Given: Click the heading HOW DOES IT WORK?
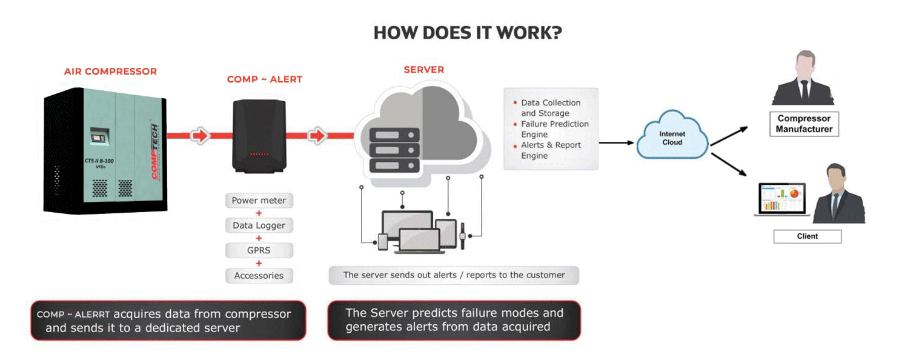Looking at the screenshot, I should (467, 33).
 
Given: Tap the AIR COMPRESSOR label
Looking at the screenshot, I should (110, 72).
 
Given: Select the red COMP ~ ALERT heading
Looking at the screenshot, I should (264, 79).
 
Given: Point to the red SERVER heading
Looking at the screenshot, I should (423, 70).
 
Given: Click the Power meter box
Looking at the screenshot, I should (259, 201).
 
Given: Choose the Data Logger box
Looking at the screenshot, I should (259, 225).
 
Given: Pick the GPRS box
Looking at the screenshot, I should (259, 250).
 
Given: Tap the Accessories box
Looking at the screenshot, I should (259, 275).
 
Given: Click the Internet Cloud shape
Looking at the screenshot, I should (672, 138).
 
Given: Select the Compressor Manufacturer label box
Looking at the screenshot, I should (804, 124).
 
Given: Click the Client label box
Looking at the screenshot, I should (807, 236).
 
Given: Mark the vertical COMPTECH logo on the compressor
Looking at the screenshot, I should (155, 152).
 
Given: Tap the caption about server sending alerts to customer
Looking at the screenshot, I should (454, 275).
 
